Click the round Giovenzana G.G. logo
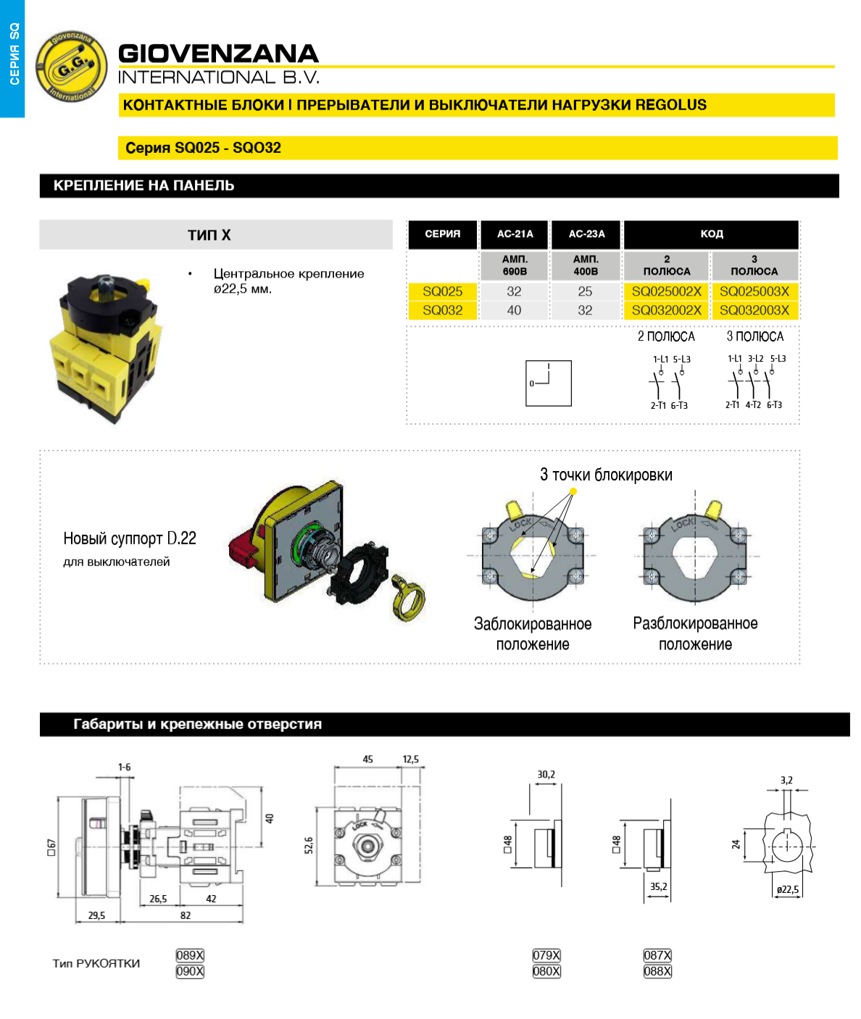click(x=71, y=66)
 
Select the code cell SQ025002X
click(x=666, y=291)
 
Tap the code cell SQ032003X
click(x=754, y=310)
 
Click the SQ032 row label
click(x=442, y=310)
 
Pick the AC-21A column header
click(x=515, y=234)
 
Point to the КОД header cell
click(x=711, y=234)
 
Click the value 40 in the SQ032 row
click(x=514, y=310)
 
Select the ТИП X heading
click(x=209, y=235)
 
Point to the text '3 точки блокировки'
click(x=606, y=475)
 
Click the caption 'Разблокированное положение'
click(x=695, y=633)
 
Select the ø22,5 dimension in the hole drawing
click(x=787, y=889)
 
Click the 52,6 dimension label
click(x=309, y=845)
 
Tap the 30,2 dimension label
click(x=546, y=775)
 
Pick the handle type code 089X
click(x=190, y=955)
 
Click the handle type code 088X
click(x=657, y=971)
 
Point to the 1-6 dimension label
click(x=125, y=767)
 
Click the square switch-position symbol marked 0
click(x=549, y=383)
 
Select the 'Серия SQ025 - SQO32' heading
click(x=204, y=148)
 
